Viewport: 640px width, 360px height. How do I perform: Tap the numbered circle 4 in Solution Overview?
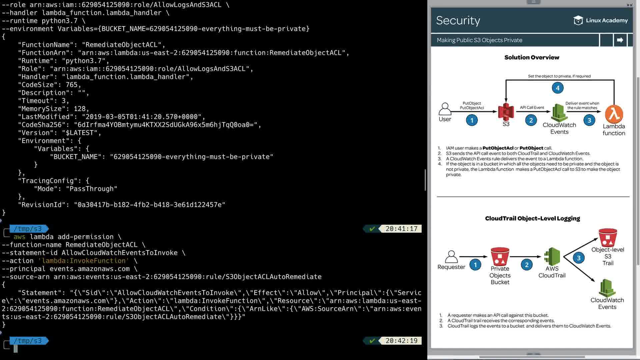(558, 88)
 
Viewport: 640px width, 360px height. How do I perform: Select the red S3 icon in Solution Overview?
(506, 112)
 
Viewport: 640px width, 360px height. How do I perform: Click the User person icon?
(445, 109)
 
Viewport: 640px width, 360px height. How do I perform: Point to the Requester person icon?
(451, 257)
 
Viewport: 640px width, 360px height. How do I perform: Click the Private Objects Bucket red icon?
(500, 256)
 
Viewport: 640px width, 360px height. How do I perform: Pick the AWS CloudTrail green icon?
(552, 256)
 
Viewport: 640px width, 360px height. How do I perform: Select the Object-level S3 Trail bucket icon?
(608, 237)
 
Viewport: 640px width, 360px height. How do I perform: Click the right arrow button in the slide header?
(620, 40)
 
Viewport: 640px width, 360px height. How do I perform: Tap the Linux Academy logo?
(600, 20)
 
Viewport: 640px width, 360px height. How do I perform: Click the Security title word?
(458, 20)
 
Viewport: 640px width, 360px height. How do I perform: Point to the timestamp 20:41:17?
(401, 229)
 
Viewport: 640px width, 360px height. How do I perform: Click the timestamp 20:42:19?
(401, 341)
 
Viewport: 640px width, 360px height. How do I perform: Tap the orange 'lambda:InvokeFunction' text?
(84, 261)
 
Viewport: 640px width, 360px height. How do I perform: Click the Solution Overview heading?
(532, 57)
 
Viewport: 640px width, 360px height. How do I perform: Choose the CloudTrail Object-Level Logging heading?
(532, 218)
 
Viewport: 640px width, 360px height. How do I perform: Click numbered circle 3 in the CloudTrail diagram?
(579, 258)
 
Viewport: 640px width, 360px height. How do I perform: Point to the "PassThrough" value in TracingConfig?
(92, 189)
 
